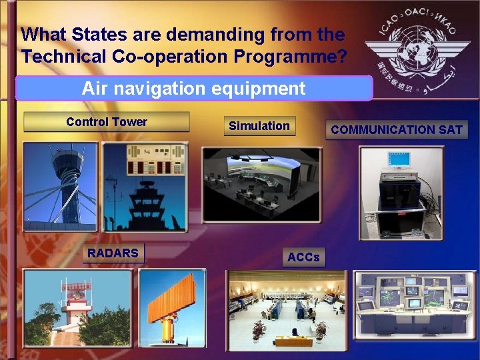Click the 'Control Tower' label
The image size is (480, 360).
tap(107, 122)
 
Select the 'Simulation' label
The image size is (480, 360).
tap(259, 126)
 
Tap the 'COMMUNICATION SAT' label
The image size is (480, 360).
tap(397, 130)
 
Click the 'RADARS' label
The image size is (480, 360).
tap(113, 253)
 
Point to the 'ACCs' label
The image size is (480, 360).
tap(303, 257)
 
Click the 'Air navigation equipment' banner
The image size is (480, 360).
tap(193, 88)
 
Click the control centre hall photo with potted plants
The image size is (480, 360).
tap(287, 310)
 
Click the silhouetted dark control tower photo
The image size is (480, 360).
tap(145, 188)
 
